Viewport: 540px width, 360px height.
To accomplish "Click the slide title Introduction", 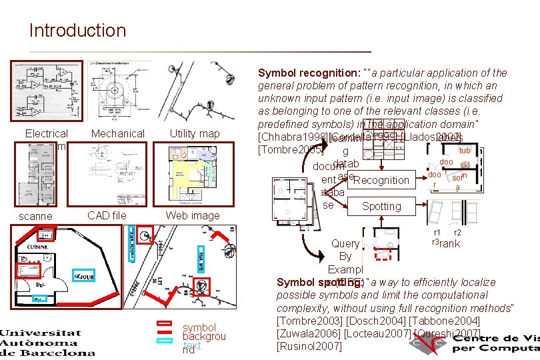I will (77, 31).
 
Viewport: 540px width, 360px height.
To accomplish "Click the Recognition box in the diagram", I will (381, 180).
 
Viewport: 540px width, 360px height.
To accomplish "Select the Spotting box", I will (381, 206).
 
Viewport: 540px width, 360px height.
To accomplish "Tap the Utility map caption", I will (195, 134).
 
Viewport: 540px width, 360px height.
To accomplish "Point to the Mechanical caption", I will (117, 134).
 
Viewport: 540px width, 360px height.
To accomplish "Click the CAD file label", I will (107, 215).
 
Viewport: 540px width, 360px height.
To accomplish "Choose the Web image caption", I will (193, 215).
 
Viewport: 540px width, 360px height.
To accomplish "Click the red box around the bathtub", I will (31, 269).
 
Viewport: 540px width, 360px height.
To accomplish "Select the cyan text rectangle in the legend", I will (164, 341).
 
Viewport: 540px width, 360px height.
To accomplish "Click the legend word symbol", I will (199, 327).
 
